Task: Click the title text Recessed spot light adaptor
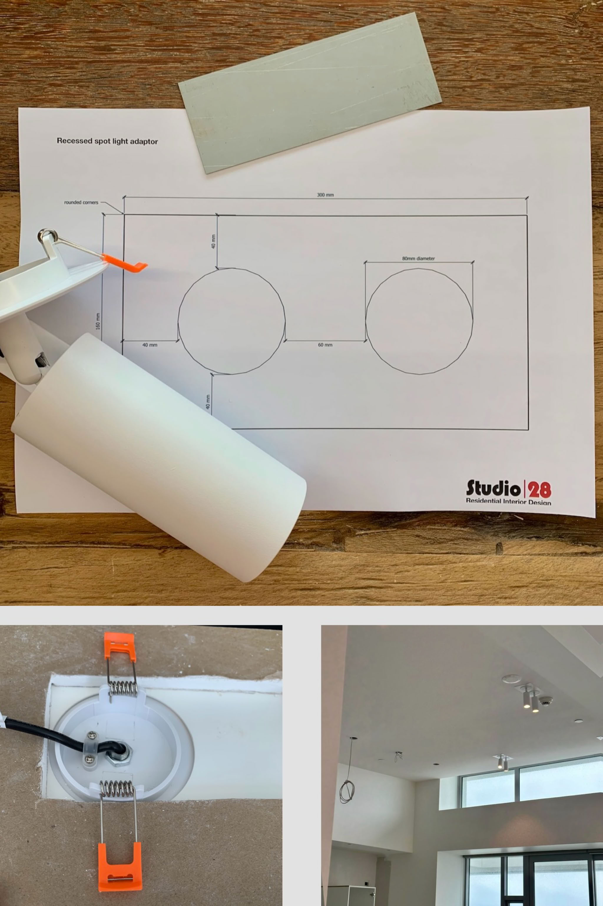point(107,141)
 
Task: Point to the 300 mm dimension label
point(325,195)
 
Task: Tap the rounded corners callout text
point(81,202)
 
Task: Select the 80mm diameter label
point(418,259)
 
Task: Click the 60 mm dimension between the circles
point(325,345)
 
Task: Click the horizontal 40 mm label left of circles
point(150,345)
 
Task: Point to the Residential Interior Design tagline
point(508,501)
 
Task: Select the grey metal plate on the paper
point(309,93)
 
